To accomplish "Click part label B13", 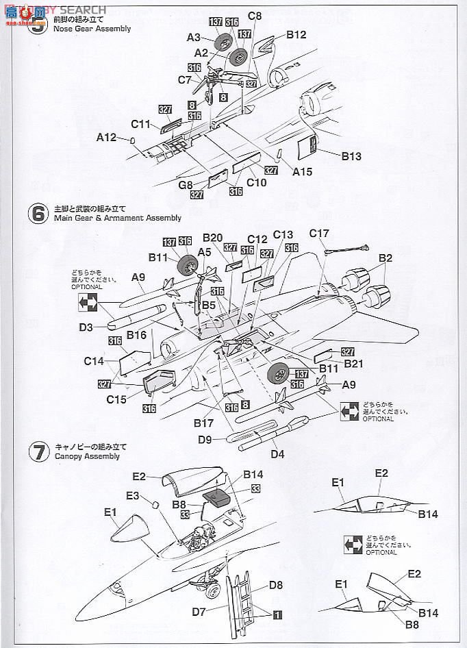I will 351,155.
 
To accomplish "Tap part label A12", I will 105,137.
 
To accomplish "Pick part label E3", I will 132,495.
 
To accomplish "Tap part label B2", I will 386,258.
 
